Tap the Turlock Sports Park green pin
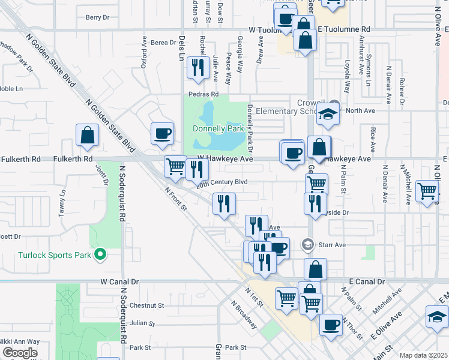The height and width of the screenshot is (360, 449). click(100, 255)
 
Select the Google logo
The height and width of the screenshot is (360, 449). click(19, 353)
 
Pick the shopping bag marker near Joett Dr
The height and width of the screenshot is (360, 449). click(88, 136)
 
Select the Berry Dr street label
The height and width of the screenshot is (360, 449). click(97, 18)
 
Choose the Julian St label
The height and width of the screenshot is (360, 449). click(142, 323)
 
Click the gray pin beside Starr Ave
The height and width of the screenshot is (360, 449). click(308, 244)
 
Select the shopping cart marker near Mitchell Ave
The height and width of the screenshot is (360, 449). click(427, 192)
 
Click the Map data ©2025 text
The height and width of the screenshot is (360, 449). click(423, 355)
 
